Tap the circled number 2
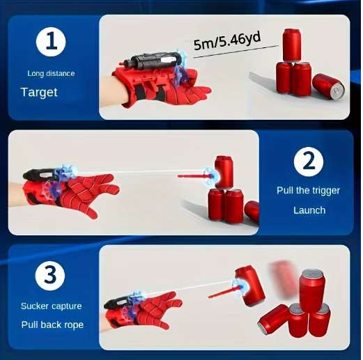[308, 164]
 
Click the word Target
[39, 92]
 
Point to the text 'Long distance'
[51, 73]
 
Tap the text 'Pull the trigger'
[309, 189]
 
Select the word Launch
[309, 210]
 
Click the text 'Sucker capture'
[51, 306]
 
